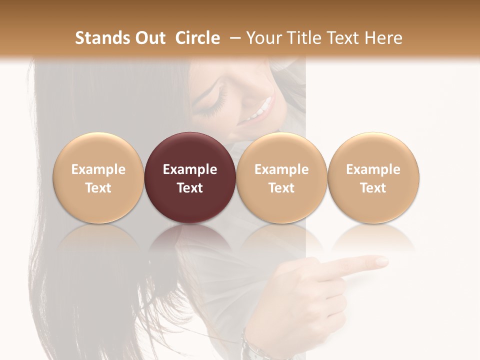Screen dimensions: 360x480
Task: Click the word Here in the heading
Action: click(x=384, y=38)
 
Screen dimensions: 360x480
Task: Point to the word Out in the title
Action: click(x=150, y=38)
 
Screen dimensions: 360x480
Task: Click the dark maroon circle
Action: click(x=190, y=177)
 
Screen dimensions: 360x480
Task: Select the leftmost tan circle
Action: click(x=98, y=177)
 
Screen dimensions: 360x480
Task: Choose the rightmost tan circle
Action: click(x=373, y=177)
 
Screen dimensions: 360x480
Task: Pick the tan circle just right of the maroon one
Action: click(x=281, y=177)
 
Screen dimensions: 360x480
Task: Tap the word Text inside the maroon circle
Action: click(x=190, y=188)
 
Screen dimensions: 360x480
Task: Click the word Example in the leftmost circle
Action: click(x=98, y=169)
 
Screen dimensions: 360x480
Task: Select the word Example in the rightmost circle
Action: click(x=373, y=169)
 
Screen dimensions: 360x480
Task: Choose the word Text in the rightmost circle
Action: click(x=373, y=188)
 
